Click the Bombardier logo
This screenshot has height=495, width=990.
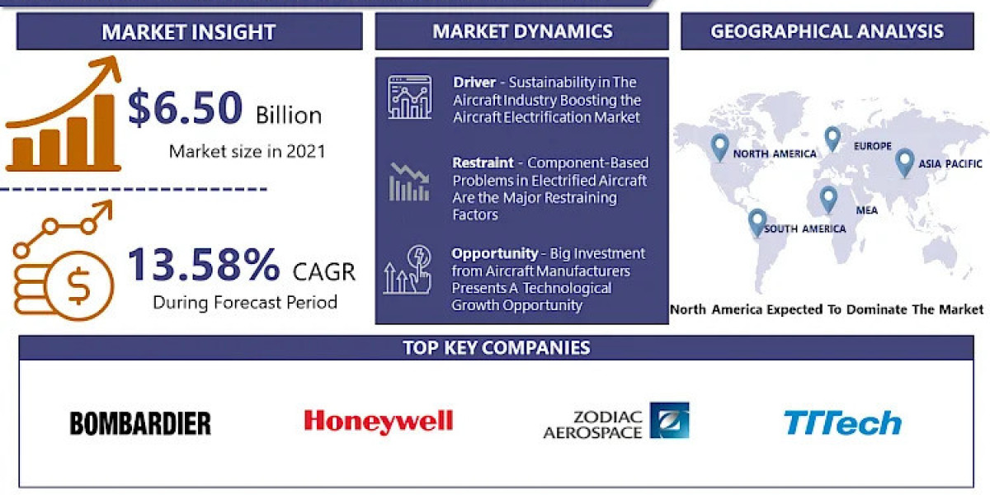(x=140, y=423)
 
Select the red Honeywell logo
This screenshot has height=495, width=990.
(x=378, y=422)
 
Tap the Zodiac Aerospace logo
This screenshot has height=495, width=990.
(x=615, y=421)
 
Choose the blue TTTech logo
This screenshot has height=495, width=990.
(x=842, y=423)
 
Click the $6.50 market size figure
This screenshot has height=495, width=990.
(x=186, y=110)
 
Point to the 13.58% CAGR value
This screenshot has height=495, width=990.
(x=204, y=266)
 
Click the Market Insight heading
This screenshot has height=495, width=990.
(x=189, y=32)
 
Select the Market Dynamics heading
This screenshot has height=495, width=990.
(x=522, y=31)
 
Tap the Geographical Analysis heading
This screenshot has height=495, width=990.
(x=827, y=31)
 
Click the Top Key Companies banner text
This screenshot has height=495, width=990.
(x=496, y=347)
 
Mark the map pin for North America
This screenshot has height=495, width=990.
(x=720, y=147)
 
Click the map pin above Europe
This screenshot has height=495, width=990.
(x=832, y=138)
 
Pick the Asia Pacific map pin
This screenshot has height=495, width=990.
(x=904, y=161)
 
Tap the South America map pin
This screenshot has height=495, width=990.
(x=757, y=222)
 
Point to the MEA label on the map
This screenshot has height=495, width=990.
(x=866, y=210)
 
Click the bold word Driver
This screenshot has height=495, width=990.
(x=474, y=82)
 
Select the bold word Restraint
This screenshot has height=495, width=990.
(x=483, y=163)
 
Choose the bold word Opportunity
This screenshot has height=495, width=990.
(x=493, y=253)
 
